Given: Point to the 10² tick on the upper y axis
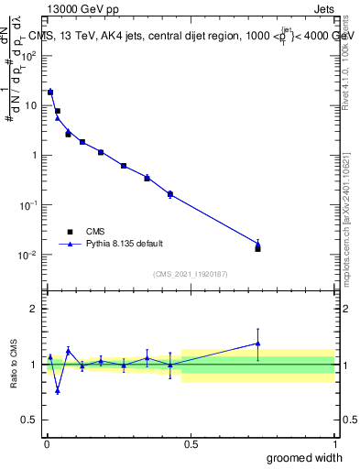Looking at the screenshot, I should [x=29, y=56].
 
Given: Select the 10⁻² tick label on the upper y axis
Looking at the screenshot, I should [x=29, y=255].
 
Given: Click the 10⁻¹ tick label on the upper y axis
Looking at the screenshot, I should [x=29, y=205].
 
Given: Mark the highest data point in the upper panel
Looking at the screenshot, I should [x=50, y=92].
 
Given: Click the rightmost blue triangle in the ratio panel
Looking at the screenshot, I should [x=257, y=344].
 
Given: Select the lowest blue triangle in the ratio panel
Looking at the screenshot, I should [x=58, y=390].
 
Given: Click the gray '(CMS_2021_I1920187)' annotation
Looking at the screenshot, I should [x=190, y=273].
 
